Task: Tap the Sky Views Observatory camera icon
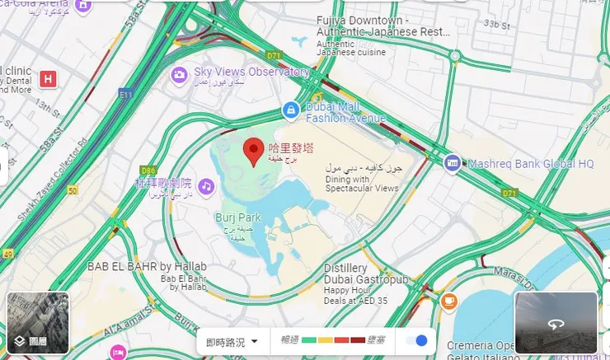(179, 75)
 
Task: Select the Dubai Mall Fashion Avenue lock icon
(289, 109)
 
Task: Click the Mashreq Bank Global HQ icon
(452, 163)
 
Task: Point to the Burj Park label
(237, 218)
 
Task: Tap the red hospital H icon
(49, 79)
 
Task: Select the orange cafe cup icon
(448, 301)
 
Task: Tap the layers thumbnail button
(38, 323)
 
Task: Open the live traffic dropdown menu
(232, 341)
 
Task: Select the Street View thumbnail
(556, 323)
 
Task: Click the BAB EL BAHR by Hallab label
(148, 266)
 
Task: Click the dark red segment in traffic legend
(358, 340)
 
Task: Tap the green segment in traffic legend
(310, 340)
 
